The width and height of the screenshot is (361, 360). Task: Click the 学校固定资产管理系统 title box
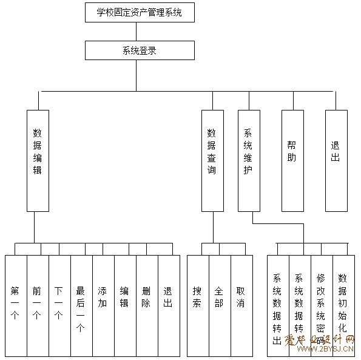140,12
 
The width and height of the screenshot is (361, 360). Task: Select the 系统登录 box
140,50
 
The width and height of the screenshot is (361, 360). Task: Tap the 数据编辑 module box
38,161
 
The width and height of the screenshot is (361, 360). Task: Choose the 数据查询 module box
212,161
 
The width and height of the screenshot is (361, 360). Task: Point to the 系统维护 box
249,161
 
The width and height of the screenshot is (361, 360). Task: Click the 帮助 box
292,161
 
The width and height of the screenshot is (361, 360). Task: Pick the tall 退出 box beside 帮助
336,161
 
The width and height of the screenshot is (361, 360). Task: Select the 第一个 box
16,306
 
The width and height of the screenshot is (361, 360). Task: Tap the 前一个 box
38,306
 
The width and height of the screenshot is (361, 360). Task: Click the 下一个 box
60,306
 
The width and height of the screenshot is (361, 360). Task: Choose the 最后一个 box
82,306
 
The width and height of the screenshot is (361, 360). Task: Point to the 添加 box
104,306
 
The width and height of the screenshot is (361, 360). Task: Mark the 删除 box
147,306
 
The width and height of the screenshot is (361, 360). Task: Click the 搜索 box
198,306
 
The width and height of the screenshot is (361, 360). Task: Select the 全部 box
220,306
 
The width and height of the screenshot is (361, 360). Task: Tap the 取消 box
242,306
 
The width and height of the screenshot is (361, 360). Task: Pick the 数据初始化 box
344,306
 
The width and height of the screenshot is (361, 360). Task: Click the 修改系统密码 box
322,306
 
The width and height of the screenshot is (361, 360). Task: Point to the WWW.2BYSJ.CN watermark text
325,348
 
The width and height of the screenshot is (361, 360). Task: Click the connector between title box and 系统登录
137,32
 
